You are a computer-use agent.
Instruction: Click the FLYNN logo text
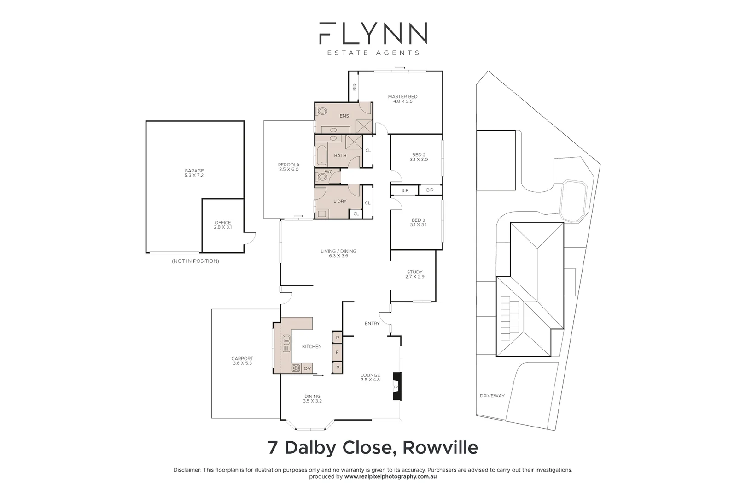click(x=373, y=33)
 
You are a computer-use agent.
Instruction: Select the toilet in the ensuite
click(x=322, y=111)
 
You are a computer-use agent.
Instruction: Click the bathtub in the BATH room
click(x=321, y=155)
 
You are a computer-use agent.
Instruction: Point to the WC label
click(x=328, y=172)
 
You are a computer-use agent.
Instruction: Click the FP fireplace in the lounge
click(x=396, y=386)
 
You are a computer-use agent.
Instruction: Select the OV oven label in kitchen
click(x=307, y=368)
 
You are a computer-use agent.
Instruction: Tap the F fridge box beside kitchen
click(x=337, y=353)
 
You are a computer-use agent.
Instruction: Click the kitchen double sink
click(x=286, y=343)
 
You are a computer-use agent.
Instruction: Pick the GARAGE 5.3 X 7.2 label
click(x=194, y=173)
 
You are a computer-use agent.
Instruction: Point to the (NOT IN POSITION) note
click(x=195, y=261)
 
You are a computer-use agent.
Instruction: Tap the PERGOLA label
click(x=289, y=167)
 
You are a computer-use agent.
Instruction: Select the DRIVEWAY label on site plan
click(x=492, y=396)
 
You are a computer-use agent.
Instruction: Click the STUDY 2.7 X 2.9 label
click(x=414, y=274)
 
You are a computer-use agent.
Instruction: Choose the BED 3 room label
click(x=418, y=222)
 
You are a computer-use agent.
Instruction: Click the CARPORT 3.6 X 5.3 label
click(x=242, y=361)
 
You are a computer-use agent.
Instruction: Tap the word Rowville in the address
click(x=440, y=447)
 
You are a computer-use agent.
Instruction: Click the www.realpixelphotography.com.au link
click(x=390, y=477)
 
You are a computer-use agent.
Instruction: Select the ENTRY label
click(x=372, y=323)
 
